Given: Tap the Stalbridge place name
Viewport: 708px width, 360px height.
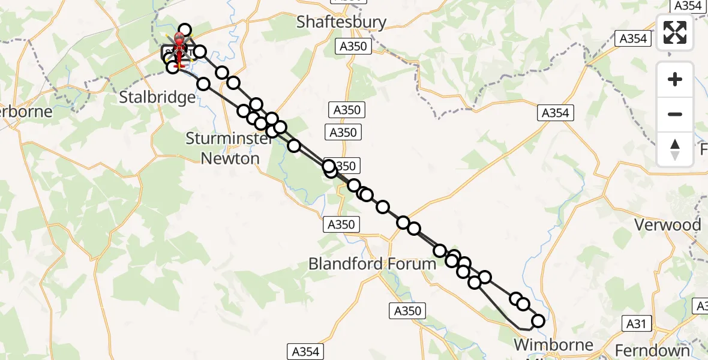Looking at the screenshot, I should pos(157,97).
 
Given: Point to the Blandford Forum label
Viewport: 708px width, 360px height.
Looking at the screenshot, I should pos(372,264).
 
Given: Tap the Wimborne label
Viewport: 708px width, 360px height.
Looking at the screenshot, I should pos(554,346).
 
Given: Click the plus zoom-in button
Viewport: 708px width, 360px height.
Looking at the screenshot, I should pos(675,79).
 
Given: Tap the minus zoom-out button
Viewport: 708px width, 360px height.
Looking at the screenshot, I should pos(675,114).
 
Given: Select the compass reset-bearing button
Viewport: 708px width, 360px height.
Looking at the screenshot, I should pos(675,149).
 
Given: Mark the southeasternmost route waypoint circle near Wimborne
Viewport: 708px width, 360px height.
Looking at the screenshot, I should pos(538,321).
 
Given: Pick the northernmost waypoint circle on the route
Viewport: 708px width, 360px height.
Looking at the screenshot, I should pos(185,30).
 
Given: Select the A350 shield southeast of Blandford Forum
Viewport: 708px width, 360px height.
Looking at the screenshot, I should pos(408,311).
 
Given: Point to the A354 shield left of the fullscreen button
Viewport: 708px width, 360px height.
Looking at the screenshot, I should pos(632,38).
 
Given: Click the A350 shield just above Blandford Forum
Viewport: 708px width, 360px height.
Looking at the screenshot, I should pos(342,224).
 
